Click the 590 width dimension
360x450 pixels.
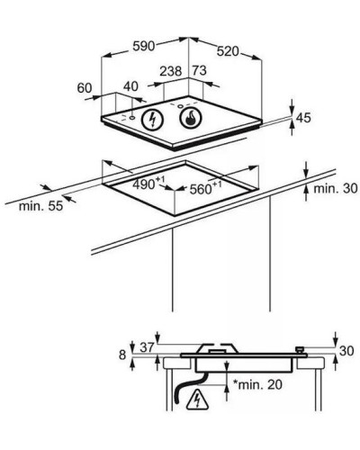[x=144, y=46]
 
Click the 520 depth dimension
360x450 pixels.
[x=228, y=51]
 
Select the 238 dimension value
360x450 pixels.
[x=171, y=71]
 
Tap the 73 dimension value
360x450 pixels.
[x=200, y=71]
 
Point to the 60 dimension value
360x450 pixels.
[x=85, y=88]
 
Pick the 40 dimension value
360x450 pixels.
[x=130, y=86]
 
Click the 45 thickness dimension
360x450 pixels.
[x=303, y=118]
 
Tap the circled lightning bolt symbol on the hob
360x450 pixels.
[x=153, y=120]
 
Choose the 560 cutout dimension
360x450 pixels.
[x=205, y=189]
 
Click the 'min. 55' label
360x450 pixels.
[x=40, y=206]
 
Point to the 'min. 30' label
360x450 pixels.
[x=336, y=188]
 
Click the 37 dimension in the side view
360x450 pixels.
[x=148, y=347]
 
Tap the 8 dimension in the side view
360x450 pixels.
[x=122, y=355]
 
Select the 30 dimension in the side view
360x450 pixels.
[x=346, y=351]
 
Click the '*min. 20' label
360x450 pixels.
[x=257, y=384]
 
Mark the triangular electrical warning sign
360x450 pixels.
[x=198, y=400]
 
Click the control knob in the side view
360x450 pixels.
[x=300, y=350]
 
